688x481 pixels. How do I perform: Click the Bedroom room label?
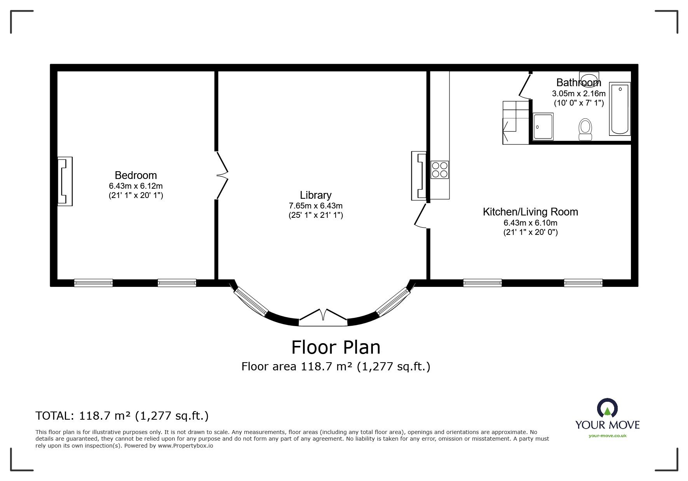pyautogui.click(x=136, y=175)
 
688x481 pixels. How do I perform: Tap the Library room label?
pyautogui.click(x=315, y=195)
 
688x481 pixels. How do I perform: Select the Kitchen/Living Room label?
pyautogui.click(x=530, y=212)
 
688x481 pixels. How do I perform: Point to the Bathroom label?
pyautogui.click(x=578, y=82)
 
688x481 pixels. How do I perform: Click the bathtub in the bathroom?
pyautogui.click(x=620, y=108)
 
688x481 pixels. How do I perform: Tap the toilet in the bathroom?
pyautogui.click(x=585, y=129)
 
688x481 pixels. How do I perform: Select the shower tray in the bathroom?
pyautogui.click(x=543, y=126)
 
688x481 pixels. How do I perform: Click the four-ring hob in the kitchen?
pyautogui.click(x=440, y=170)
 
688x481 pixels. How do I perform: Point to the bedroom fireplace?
pyautogui.click(x=65, y=181)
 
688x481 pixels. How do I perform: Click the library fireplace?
pyautogui.click(x=419, y=176)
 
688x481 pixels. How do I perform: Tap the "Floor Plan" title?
pyautogui.click(x=336, y=347)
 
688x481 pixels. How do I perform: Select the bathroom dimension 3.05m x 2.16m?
pyautogui.click(x=578, y=94)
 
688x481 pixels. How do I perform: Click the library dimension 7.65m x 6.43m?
pyautogui.click(x=315, y=206)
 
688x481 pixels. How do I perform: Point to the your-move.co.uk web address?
pyautogui.click(x=608, y=436)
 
